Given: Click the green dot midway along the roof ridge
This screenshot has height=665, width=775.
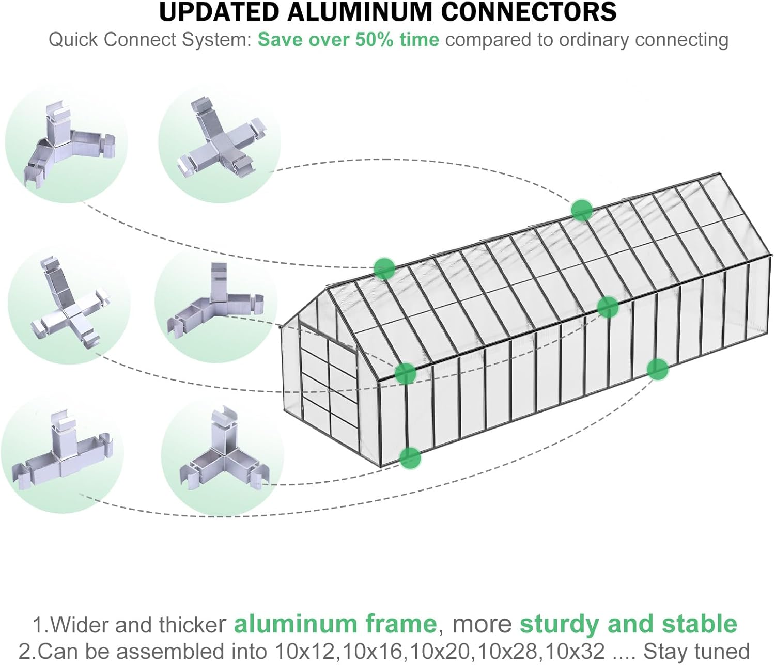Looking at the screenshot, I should click(581, 210).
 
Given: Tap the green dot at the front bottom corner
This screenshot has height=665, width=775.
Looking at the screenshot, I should click(410, 457).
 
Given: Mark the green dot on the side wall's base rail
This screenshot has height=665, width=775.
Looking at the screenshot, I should click(657, 369).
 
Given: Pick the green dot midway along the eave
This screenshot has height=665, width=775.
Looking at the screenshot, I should click(608, 307).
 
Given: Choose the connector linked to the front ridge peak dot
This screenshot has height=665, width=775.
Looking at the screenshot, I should click(67, 145).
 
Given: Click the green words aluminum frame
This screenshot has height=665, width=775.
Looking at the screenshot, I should click(335, 624).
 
